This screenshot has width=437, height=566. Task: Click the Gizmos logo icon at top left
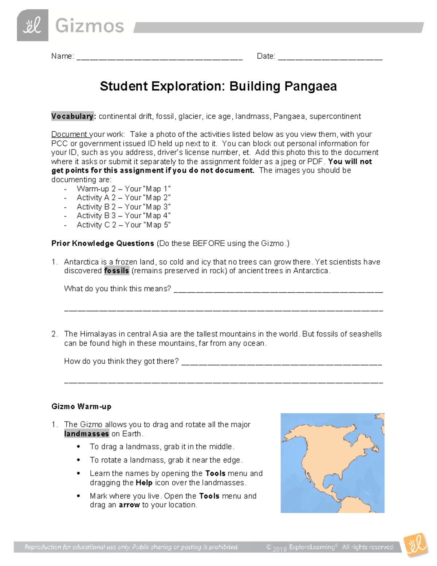click(32, 25)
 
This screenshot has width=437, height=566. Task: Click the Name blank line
click(159, 58)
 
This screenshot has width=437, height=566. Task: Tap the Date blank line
click(330, 58)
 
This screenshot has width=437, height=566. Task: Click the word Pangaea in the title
click(310, 86)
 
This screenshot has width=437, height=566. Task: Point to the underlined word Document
click(69, 134)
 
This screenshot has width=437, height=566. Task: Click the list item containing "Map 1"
click(123, 189)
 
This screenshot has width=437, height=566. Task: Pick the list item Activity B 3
click(123, 216)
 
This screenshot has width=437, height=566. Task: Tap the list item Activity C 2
click(123, 225)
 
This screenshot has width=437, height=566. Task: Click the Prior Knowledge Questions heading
click(103, 243)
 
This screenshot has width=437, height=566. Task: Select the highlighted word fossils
click(117, 271)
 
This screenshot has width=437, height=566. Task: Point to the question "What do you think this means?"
click(117, 289)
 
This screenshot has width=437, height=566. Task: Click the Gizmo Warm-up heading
click(81, 406)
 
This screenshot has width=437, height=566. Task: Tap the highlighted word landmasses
click(86, 434)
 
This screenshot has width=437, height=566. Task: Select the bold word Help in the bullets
click(144, 483)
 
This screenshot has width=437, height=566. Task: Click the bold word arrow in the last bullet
click(129, 505)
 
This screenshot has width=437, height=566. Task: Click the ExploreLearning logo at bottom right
click(416, 545)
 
